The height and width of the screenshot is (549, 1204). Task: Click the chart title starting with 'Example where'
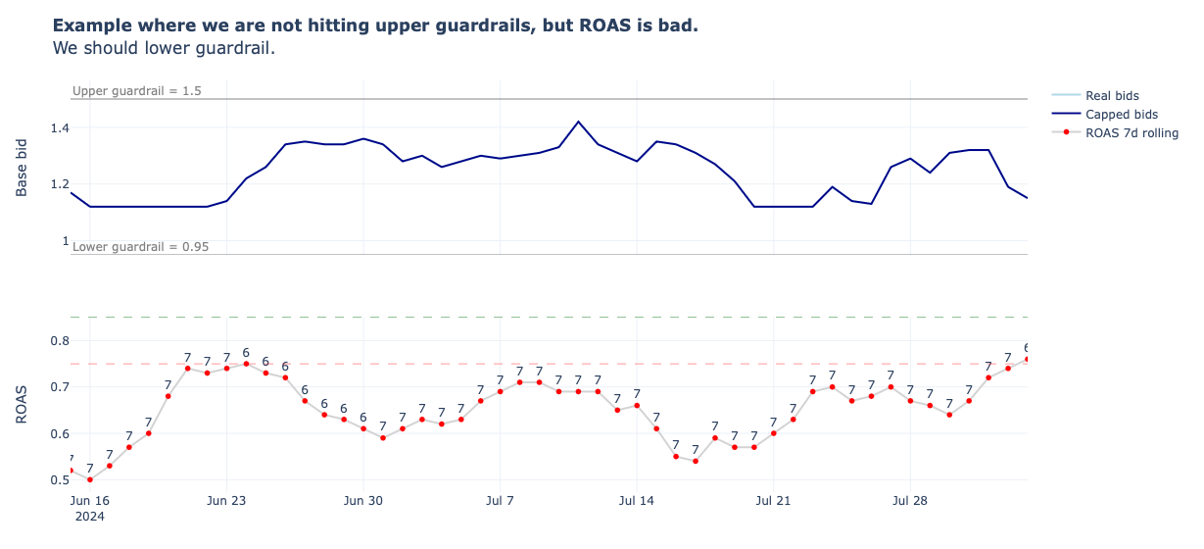click(x=375, y=25)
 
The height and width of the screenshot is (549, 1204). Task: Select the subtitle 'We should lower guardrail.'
click(x=164, y=48)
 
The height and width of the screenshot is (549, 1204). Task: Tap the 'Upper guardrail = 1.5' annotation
click(x=136, y=91)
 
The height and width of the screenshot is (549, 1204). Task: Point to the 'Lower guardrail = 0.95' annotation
click(x=140, y=246)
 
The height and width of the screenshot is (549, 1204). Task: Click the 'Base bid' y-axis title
click(x=22, y=168)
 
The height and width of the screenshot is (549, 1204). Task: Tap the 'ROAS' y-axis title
click(x=22, y=406)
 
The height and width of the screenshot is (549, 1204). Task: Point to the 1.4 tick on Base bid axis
click(x=59, y=127)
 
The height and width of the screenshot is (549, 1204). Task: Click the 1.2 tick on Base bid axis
click(x=59, y=183)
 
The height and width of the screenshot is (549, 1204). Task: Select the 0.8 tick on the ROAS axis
click(x=60, y=340)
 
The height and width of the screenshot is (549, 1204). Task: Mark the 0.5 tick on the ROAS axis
click(x=60, y=479)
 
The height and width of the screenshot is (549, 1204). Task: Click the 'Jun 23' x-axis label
click(x=226, y=500)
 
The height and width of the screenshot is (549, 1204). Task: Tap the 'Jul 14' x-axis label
click(x=637, y=500)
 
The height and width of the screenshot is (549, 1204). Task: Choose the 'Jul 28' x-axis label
click(x=910, y=500)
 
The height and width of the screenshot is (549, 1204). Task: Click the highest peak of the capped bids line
click(x=578, y=122)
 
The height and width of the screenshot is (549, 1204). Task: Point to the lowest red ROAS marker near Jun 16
click(x=90, y=479)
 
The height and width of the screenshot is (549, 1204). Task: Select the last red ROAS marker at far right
click(x=1027, y=359)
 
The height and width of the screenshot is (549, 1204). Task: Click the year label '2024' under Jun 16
click(x=90, y=516)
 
